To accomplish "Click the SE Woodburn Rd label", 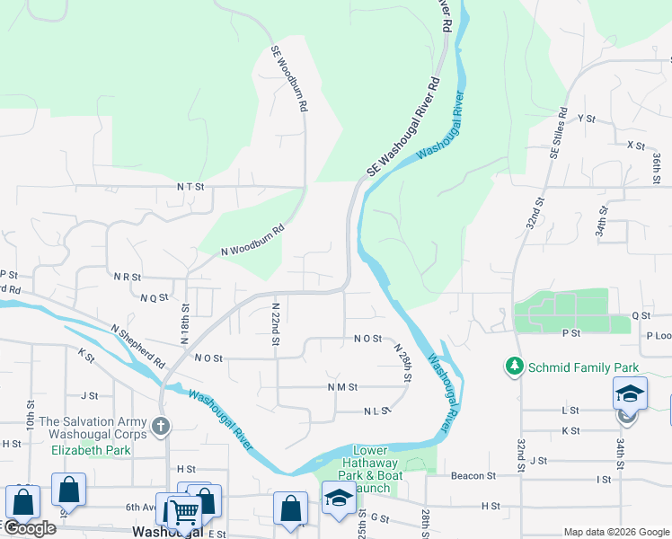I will coord(290,79).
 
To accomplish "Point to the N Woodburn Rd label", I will coord(252,240).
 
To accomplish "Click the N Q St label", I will coord(155,296).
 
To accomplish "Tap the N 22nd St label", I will coord(276,323).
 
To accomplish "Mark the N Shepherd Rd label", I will coord(138,346).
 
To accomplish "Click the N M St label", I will coord(342,387).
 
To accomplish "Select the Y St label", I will coord(588,119).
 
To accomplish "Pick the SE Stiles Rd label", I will coord(558,134).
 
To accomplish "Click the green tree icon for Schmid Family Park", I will coord(514,367).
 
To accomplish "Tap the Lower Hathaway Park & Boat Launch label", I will coord(369,470).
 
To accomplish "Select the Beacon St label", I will coord(473,475).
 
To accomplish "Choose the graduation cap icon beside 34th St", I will coord(630,393).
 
